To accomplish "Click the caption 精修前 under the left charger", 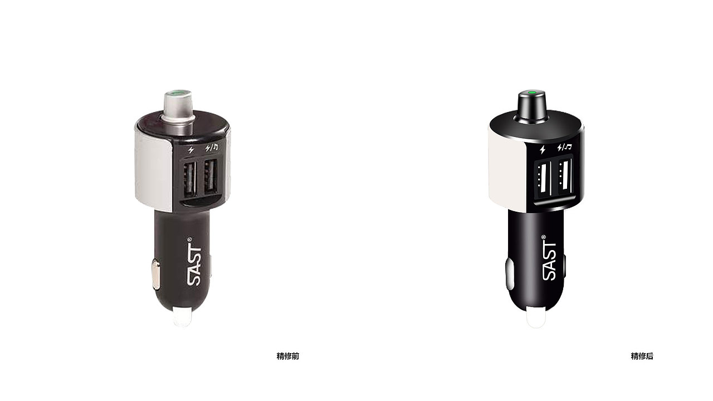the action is pos(288,356).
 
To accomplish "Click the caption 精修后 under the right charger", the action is pos(642,356).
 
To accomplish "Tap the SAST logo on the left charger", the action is pos(194,262).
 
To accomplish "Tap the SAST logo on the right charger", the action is pos(549,258).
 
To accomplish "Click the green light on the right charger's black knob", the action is pos(531,93).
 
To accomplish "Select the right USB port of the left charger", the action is pos(211,177).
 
